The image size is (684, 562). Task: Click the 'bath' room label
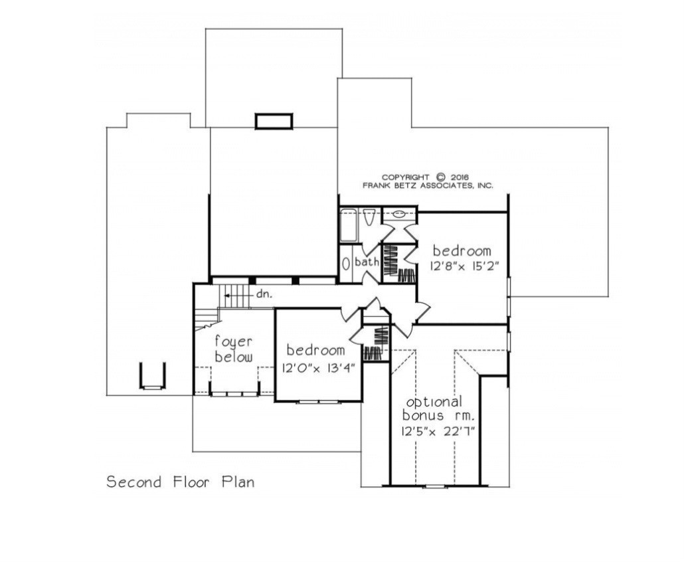(367, 262)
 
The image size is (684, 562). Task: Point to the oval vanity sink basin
(399, 215)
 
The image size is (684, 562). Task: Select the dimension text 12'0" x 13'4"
(315, 366)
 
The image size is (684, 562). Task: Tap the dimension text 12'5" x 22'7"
(437, 430)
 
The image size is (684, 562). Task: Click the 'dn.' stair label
(264, 292)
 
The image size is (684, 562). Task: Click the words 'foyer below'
(233, 349)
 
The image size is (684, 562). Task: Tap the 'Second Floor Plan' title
(180, 482)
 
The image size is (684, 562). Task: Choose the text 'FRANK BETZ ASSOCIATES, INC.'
(427, 186)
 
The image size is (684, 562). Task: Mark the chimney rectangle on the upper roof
(274, 121)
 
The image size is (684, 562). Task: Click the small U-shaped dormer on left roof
(152, 376)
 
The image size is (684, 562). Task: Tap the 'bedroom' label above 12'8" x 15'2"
(462, 250)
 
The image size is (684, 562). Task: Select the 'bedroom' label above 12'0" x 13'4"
(315, 350)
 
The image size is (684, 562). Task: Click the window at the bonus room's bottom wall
(435, 486)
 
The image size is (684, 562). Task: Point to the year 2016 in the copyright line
(458, 177)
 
